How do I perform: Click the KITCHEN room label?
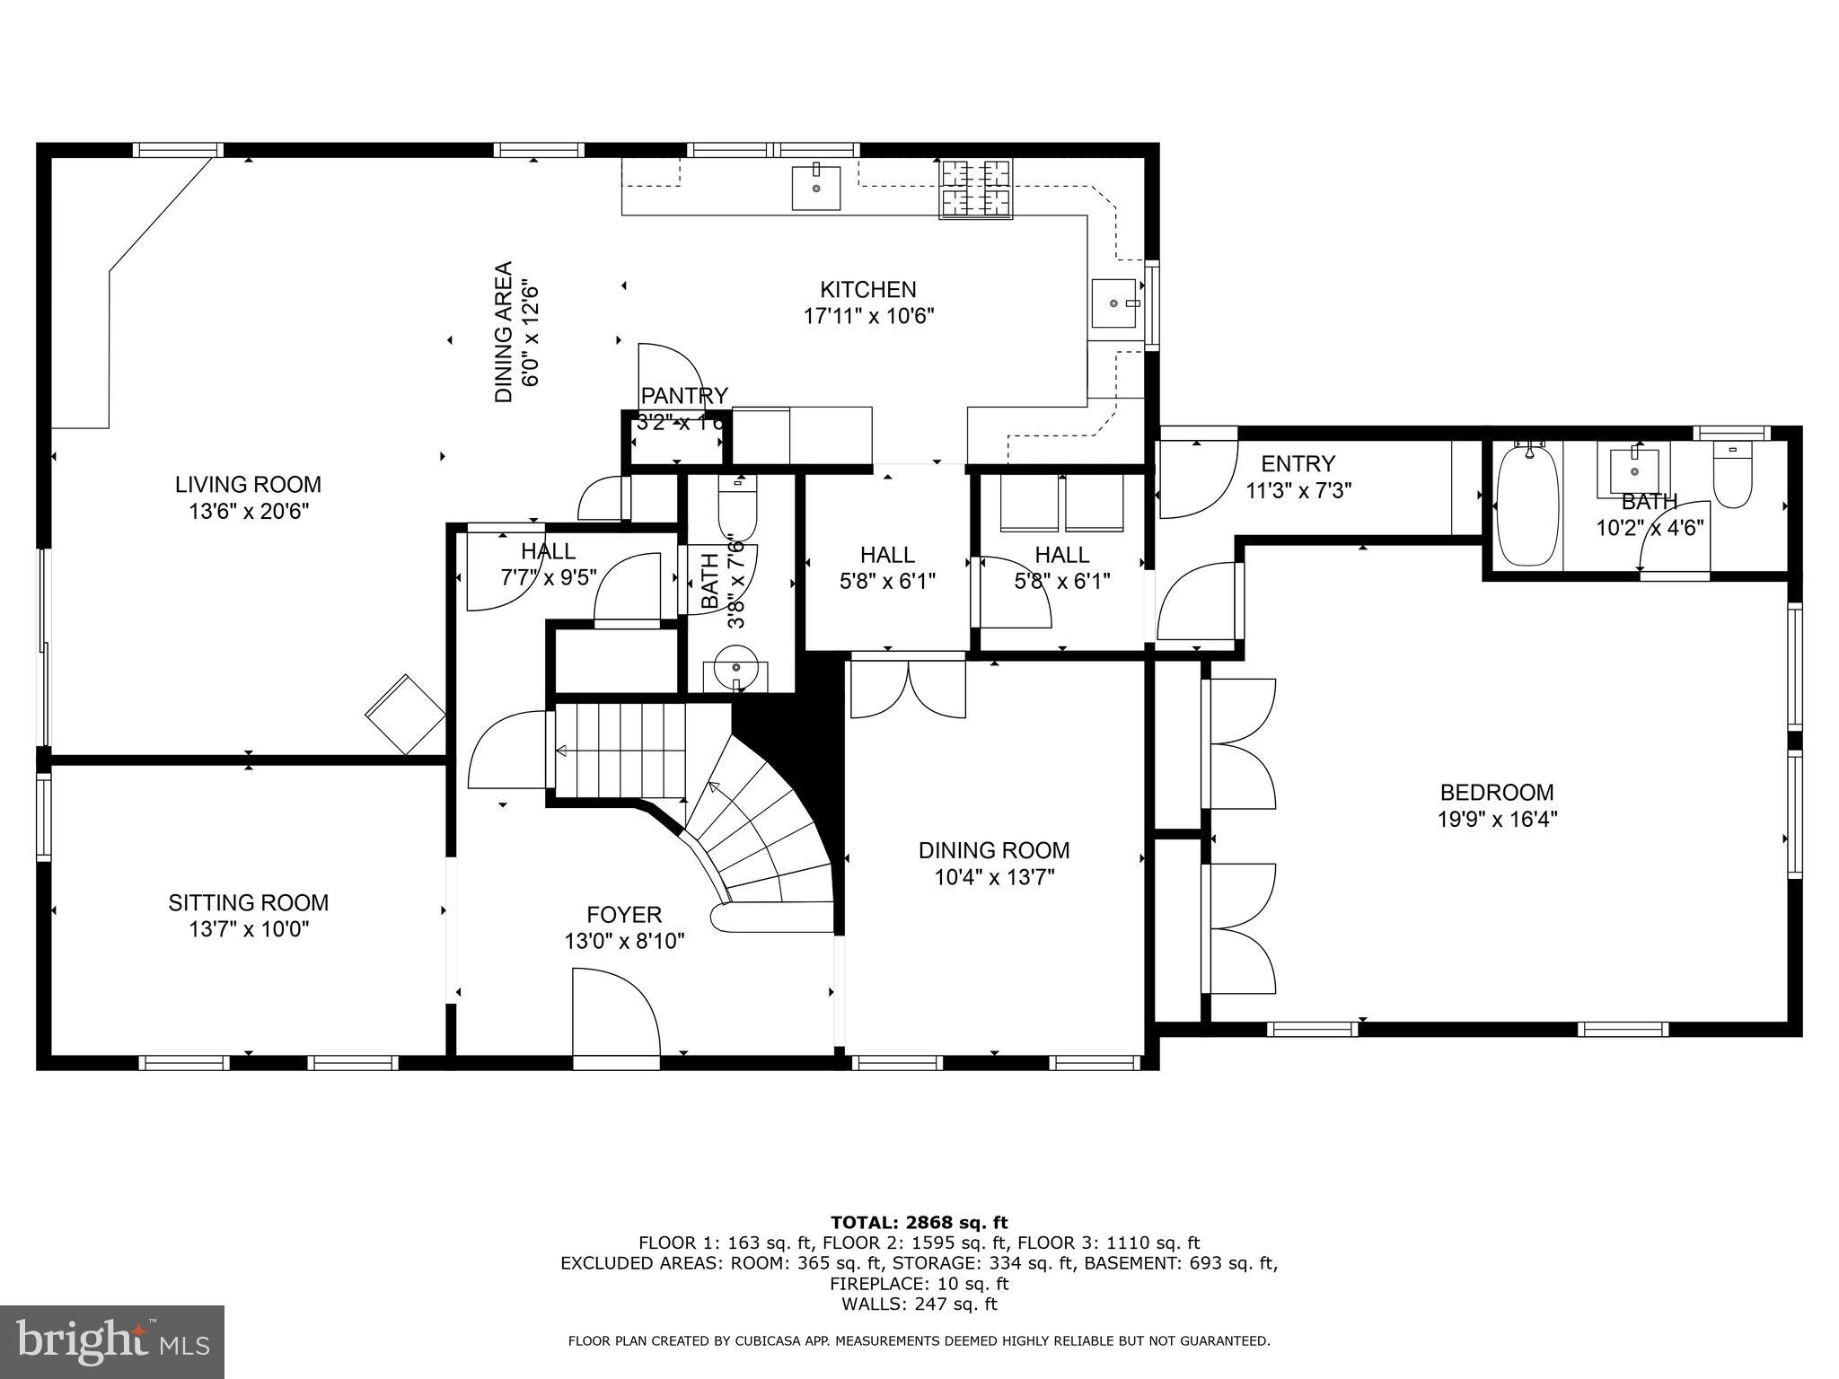click(867, 290)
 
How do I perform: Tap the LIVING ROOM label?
click(248, 485)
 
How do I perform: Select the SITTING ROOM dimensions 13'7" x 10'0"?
click(248, 929)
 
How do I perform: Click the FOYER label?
click(624, 915)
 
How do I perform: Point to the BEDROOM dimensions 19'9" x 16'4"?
click(1496, 819)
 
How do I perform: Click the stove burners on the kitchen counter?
click(975, 189)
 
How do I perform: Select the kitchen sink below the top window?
click(816, 188)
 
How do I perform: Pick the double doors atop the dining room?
click(908, 689)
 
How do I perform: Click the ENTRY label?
click(1298, 464)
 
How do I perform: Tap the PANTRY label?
click(684, 396)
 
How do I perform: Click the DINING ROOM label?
click(993, 850)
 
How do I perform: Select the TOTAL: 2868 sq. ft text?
click(919, 1222)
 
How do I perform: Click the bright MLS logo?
click(112, 1342)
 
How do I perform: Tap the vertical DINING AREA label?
click(504, 331)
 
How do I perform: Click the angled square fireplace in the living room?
click(406, 714)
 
